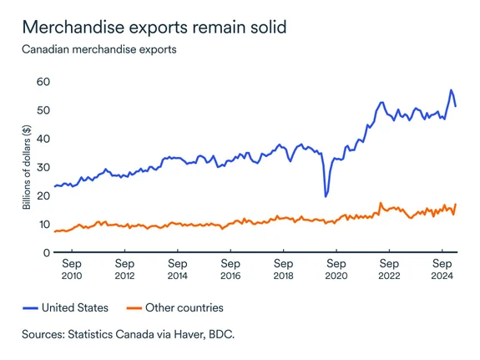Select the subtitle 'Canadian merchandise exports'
[x=99, y=50]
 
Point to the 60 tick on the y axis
[x=43, y=82]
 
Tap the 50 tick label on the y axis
[x=43, y=110]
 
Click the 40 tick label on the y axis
[x=43, y=139]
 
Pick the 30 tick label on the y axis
[x=43, y=167]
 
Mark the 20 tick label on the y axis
[x=43, y=195]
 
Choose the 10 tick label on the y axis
[x=43, y=224]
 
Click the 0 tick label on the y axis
[x=47, y=252]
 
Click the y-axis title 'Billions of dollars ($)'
[x=28, y=167]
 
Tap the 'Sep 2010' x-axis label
[x=71, y=270]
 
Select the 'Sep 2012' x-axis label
[x=124, y=270]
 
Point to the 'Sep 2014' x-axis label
[x=177, y=270]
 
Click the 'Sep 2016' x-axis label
[x=230, y=270]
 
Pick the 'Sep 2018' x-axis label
[x=282, y=270]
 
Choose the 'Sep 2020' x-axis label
[x=336, y=270]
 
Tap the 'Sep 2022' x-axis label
[x=388, y=270]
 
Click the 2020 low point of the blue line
[x=326, y=196]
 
